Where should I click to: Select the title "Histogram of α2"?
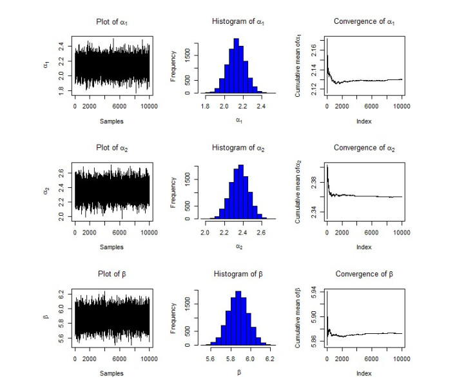click(x=238, y=149)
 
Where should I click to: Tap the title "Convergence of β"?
click(x=364, y=274)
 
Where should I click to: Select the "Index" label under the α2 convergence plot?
click(x=364, y=247)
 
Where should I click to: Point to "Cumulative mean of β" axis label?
click(x=297, y=317)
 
